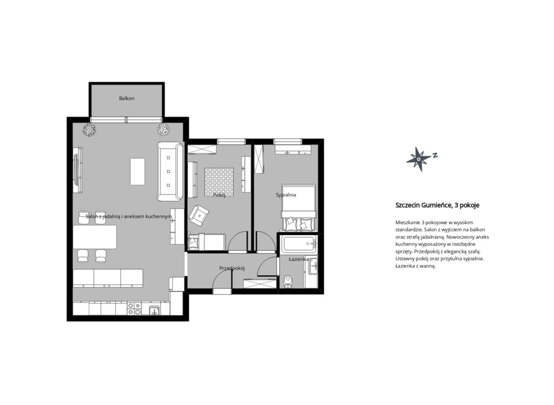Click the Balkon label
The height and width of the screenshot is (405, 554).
click(127, 98)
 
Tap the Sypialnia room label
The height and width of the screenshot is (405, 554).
click(286, 195)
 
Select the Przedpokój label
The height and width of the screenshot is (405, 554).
click(232, 268)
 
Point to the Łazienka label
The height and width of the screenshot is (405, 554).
click(299, 259)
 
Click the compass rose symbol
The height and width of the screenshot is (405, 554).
click(419, 159)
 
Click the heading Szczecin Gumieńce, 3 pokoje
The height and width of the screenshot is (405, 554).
click(437, 205)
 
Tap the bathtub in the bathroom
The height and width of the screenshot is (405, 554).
click(299, 244)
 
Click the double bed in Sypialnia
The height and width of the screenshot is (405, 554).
click(299, 208)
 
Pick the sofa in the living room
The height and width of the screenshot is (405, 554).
click(170, 171)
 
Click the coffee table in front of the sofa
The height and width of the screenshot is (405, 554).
click(137, 171)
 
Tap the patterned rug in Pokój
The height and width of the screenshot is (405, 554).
click(219, 182)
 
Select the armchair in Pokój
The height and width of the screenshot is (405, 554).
click(199, 215)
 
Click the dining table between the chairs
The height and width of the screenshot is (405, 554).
click(95, 237)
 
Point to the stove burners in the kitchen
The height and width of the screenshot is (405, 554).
click(134, 309)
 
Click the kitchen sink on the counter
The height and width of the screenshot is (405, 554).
click(154, 310)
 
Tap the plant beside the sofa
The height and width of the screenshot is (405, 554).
click(163, 129)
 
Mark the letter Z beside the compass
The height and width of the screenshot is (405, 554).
click(436, 155)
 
